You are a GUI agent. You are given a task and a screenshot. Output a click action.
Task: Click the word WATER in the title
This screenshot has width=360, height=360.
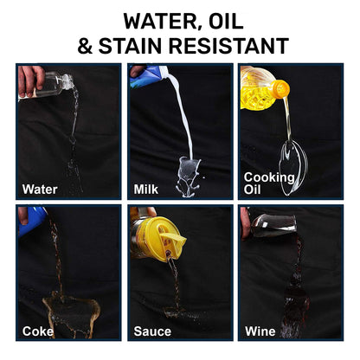coord(161,21)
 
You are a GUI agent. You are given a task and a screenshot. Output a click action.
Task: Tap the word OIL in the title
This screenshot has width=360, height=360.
coord(226,21)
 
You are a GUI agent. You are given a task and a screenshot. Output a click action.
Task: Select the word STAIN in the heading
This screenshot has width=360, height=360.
coord(130,46)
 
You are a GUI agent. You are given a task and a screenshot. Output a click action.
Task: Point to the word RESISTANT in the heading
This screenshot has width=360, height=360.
coord(228,46)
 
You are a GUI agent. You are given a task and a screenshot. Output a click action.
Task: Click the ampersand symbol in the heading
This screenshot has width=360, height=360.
coord(85,46)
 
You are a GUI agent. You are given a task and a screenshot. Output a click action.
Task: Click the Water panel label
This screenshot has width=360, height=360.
coord(40,190)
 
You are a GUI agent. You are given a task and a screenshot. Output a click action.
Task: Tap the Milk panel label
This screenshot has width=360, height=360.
coord(146,190)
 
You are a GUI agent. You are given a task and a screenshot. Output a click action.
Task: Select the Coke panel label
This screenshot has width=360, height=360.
coord(38,331)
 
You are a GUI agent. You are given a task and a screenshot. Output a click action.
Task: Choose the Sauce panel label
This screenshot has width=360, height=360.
coord(152,331)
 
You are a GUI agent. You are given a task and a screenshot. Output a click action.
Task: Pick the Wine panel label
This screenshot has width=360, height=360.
coord(260,331)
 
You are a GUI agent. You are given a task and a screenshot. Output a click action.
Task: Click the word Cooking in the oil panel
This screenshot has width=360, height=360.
coord(269,177)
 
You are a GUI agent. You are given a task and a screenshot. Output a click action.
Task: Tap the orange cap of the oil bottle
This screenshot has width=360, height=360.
coord(280,88)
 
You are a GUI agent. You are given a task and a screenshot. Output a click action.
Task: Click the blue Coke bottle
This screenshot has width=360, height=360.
coord(32,221)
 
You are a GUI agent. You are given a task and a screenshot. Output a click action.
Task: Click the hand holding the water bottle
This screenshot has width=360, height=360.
coord(31,80)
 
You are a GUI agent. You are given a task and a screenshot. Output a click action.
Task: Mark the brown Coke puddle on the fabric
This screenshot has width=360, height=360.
coord(71,314)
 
